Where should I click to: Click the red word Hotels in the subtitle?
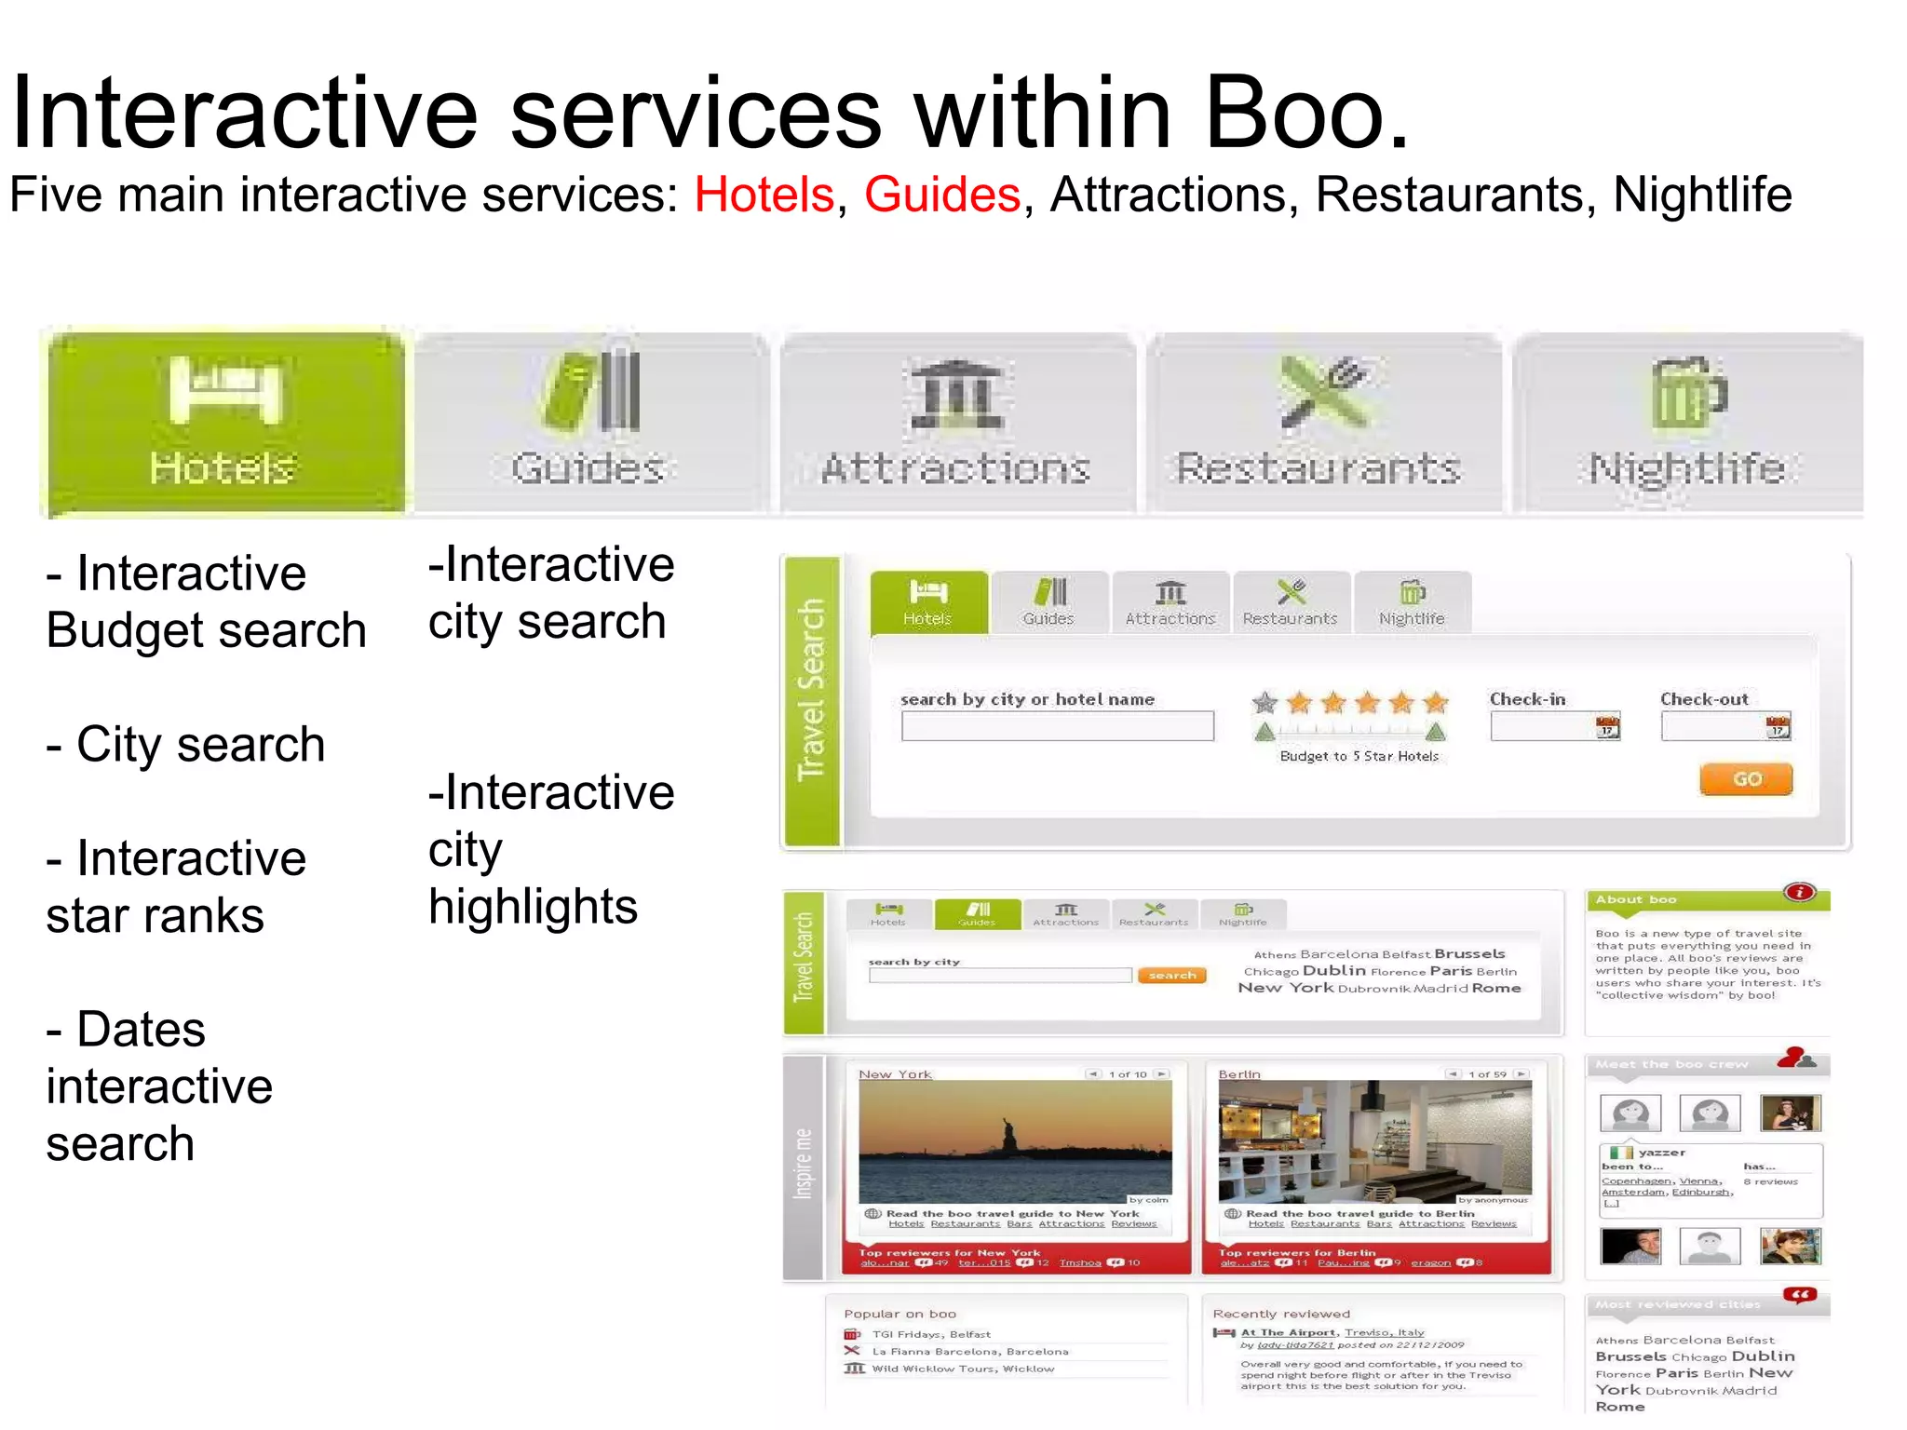764,196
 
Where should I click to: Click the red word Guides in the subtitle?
942,196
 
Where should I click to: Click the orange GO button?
1746,779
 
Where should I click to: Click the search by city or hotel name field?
1057,726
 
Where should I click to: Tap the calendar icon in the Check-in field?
1607,727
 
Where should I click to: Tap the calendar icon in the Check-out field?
1778,727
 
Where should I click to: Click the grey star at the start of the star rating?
1265,703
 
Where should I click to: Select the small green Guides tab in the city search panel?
977,913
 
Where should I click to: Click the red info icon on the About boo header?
1800,893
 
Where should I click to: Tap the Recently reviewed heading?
1281,1314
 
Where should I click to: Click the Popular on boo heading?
899,1314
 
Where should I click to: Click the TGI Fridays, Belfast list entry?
930,1334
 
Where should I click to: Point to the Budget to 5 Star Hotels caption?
1359,756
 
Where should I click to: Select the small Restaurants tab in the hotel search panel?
1291,603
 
